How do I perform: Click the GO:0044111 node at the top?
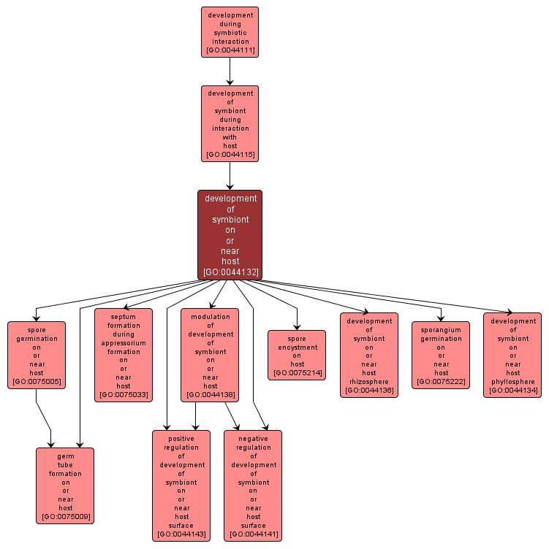click(230, 32)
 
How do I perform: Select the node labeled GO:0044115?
click(230, 123)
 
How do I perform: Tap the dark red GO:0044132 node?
click(230, 234)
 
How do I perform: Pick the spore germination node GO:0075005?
click(37, 355)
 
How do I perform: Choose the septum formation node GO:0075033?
click(124, 355)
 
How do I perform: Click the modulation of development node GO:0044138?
click(210, 355)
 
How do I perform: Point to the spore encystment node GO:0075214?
click(296, 355)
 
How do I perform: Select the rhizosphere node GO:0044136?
click(368, 355)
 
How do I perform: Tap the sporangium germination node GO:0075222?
click(440, 355)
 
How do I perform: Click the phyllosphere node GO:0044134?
click(512, 355)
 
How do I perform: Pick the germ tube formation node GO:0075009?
click(65, 485)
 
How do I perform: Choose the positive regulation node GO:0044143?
click(181, 485)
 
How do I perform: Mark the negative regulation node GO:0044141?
click(253, 485)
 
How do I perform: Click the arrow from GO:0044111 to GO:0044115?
click(230, 72)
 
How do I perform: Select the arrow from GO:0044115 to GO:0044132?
click(230, 176)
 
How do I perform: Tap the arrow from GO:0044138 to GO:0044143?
click(195, 416)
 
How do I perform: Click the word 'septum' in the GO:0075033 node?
click(124, 317)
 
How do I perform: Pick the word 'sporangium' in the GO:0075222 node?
click(440, 330)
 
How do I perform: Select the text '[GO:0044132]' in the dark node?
click(230, 272)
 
